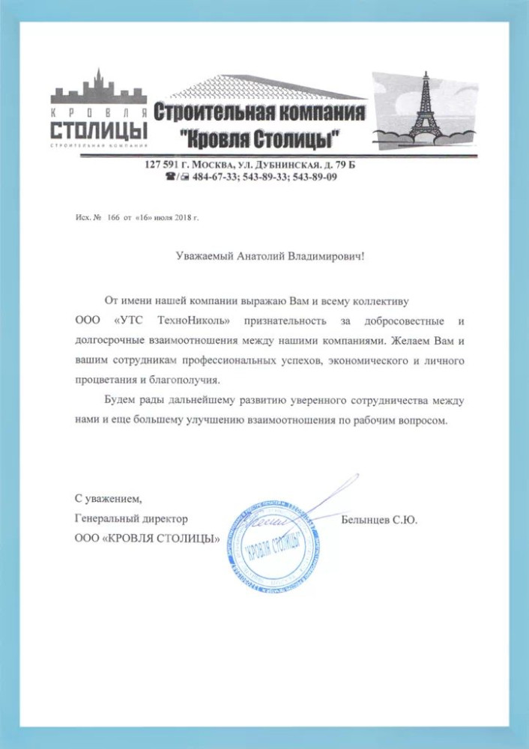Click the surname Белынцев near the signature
coord(366,518)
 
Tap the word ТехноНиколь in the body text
coord(191,321)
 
